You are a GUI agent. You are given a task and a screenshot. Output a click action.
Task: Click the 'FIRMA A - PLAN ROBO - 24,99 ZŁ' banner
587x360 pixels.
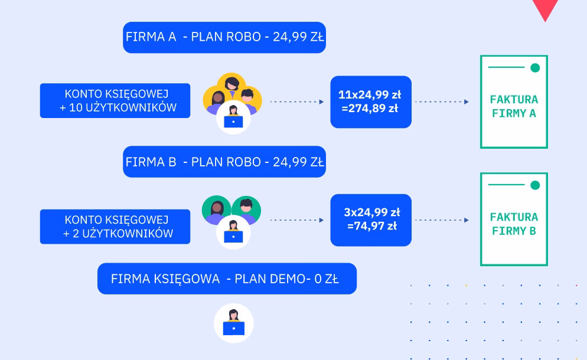224,37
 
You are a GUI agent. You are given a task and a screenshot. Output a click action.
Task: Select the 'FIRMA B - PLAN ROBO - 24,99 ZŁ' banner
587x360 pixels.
224,162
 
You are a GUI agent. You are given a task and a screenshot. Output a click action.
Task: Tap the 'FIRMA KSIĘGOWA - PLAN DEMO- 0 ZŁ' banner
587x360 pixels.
227,279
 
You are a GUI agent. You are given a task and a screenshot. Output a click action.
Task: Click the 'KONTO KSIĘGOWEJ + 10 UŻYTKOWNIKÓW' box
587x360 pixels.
115,101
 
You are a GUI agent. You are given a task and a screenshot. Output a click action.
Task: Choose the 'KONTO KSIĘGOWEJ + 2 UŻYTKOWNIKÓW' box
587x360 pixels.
115,226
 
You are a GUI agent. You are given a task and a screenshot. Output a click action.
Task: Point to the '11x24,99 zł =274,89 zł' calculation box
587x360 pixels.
371,102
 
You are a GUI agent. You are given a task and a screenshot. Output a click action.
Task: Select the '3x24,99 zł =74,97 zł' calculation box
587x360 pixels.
371,220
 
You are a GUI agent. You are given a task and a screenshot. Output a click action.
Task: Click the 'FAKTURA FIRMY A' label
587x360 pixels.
514,106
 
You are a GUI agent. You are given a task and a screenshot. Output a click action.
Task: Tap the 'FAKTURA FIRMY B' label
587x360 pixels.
514,224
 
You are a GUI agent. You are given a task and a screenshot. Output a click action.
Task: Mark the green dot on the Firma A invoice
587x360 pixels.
535,68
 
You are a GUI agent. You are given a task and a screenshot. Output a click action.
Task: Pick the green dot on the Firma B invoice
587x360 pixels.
535,185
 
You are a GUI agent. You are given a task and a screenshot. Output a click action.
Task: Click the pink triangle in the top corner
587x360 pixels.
545,9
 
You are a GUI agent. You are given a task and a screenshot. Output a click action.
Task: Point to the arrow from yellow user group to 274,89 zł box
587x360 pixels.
297,102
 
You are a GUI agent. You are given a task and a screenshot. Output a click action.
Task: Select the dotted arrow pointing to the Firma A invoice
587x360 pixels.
442,102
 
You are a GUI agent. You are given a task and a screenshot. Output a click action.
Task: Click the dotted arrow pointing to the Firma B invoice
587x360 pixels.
442,220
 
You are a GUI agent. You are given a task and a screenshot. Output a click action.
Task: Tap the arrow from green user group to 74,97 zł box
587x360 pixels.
297,220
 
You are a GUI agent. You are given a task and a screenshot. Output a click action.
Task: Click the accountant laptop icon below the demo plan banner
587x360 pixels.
234,324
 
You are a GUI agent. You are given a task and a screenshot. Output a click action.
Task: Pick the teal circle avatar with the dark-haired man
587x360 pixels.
246,209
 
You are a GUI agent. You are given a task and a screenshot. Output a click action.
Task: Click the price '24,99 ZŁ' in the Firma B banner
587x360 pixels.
298,162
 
